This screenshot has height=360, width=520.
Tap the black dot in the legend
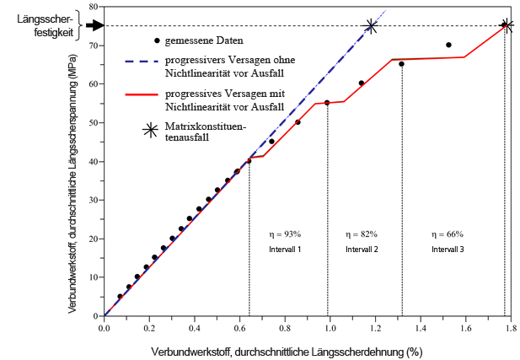pyautogui.click(x=156, y=41)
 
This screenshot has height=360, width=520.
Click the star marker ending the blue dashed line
pyautogui.click(x=371, y=26)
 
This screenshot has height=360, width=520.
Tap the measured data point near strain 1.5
pyautogui.click(x=448, y=45)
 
